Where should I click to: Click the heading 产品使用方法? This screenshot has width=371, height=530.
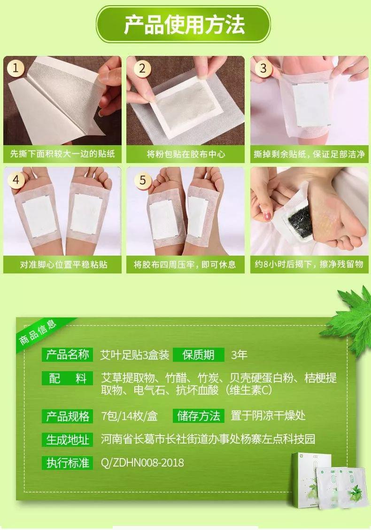[184, 24]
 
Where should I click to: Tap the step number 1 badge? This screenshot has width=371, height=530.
[15, 68]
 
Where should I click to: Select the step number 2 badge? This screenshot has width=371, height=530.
[142, 68]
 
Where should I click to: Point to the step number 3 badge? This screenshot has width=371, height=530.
[263, 68]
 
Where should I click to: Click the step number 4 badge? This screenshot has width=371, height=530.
[15, 179]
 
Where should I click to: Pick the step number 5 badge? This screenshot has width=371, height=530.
[143, 179]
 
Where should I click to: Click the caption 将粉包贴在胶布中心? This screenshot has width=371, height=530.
[186, 154]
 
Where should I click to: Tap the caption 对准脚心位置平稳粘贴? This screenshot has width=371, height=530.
[63, 265]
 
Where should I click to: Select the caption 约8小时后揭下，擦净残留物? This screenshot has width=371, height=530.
[309, 264]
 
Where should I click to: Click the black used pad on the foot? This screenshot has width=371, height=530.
[299, 218]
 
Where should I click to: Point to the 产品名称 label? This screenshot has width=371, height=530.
[67, 355]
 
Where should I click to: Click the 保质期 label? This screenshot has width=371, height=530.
[198, 355]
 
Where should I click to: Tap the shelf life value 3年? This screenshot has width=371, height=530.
[239, 355]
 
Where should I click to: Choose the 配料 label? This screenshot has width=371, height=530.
[67, 378]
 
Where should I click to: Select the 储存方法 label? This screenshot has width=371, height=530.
[198, 416]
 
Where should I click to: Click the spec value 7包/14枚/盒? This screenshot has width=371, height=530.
[130, 416]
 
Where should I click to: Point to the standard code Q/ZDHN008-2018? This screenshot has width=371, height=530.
[142, 462]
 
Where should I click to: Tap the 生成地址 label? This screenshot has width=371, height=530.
[67, 439]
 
